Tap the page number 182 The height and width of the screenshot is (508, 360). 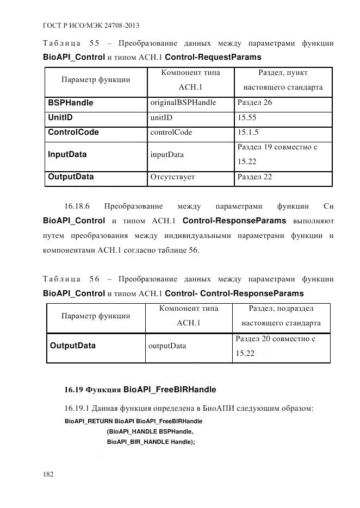click(48, 474)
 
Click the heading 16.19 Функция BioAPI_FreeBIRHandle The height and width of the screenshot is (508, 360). click(140, 390)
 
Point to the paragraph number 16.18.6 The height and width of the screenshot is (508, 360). click(77, 206)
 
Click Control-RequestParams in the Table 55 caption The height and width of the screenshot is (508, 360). click(213, 57)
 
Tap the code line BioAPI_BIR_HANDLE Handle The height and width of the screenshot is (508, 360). click(151, 442)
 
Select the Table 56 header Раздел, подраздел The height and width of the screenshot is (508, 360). click(281, 308)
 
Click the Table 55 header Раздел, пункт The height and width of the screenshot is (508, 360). click(282, 72)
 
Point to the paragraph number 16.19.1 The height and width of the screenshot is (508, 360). click(77, 407)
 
